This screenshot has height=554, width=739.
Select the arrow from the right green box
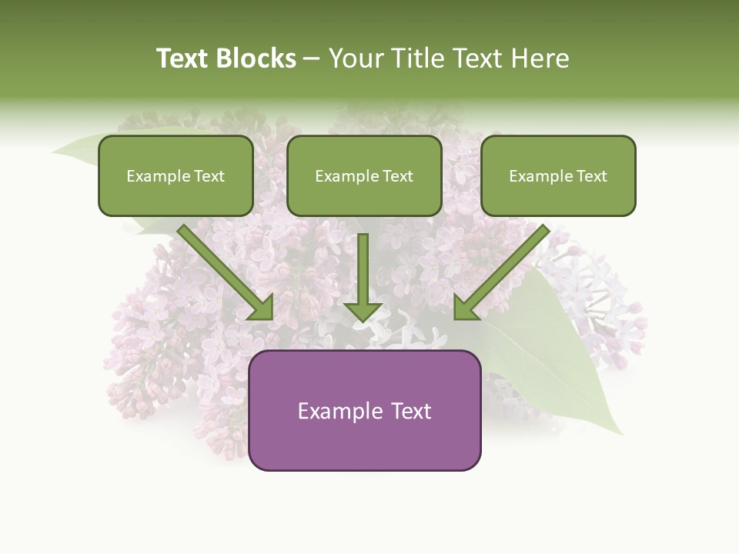coord(501,273)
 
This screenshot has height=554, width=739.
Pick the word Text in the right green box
coord(591,176)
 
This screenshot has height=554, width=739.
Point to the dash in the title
coord(312,59)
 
